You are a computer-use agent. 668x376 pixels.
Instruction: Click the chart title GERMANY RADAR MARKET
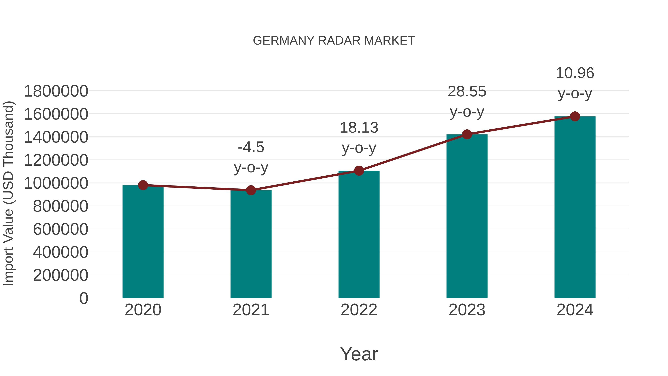334,41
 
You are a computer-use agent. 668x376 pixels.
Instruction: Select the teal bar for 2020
143,241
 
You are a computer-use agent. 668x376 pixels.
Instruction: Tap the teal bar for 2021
251,244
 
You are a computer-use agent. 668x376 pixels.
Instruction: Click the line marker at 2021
251,190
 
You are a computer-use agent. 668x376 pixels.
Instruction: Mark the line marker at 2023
467,134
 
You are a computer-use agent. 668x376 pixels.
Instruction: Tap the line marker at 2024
575,116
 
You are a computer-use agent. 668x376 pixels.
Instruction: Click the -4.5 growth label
251,147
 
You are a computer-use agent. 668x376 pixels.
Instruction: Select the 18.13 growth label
359,128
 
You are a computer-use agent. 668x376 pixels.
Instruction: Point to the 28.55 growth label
467,92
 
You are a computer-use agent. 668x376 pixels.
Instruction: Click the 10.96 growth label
575,73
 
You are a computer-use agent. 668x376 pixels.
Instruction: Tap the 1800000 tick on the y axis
56,91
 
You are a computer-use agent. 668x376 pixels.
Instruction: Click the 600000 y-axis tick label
60,229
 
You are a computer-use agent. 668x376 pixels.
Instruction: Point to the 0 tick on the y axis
84,298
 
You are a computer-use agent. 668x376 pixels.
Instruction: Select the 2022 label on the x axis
359,310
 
